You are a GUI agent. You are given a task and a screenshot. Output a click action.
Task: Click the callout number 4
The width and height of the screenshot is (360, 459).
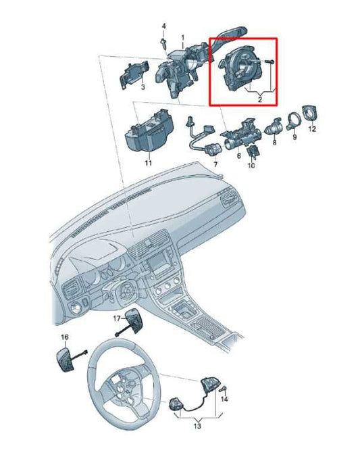[162, 26]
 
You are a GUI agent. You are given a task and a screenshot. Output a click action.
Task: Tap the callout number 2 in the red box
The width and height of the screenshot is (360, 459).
[259, 99]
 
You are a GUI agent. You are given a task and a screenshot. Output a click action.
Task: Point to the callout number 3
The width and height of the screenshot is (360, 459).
[143, 88]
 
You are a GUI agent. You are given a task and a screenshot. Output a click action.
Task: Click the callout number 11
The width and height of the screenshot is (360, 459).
[148, 163]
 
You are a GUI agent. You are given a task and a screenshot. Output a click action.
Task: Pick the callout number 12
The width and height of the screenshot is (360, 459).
[311, 128]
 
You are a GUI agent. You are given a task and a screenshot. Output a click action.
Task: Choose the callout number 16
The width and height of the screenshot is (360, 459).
[64, 336]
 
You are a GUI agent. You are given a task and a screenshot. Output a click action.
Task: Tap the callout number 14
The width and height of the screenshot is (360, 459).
[225, 400]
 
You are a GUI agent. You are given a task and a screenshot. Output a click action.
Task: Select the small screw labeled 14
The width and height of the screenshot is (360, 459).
[224, 388]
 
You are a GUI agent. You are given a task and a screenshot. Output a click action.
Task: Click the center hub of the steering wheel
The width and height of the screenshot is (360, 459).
[123, 387]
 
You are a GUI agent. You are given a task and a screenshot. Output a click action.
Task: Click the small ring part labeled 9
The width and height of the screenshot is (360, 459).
[294, 122]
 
